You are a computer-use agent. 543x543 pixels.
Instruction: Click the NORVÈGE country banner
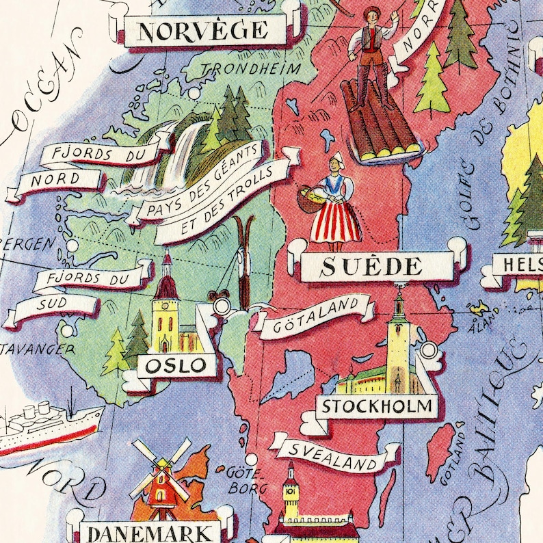[203, 31]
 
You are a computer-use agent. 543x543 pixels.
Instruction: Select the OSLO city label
[176, 365]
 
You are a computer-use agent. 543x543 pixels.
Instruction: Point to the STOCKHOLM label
[377, 406]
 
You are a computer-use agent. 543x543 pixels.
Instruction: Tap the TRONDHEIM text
[250, 68]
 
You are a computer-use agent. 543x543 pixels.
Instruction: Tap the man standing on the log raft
[373, 51]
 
